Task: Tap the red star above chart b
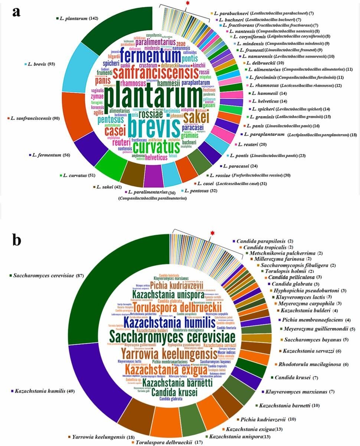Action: pos(212,233)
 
